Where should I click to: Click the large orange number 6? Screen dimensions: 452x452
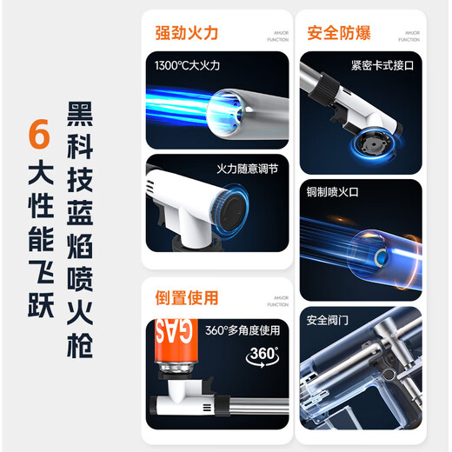click(38, 134)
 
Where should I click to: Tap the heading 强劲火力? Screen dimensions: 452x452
click(186, 33)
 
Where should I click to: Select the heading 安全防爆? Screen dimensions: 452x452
click(339, 33)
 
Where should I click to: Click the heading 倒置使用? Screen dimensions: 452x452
click(186, 298)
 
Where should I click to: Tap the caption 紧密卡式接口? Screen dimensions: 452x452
click(383, 65)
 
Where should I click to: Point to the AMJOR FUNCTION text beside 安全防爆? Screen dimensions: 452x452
click(411, 36)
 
